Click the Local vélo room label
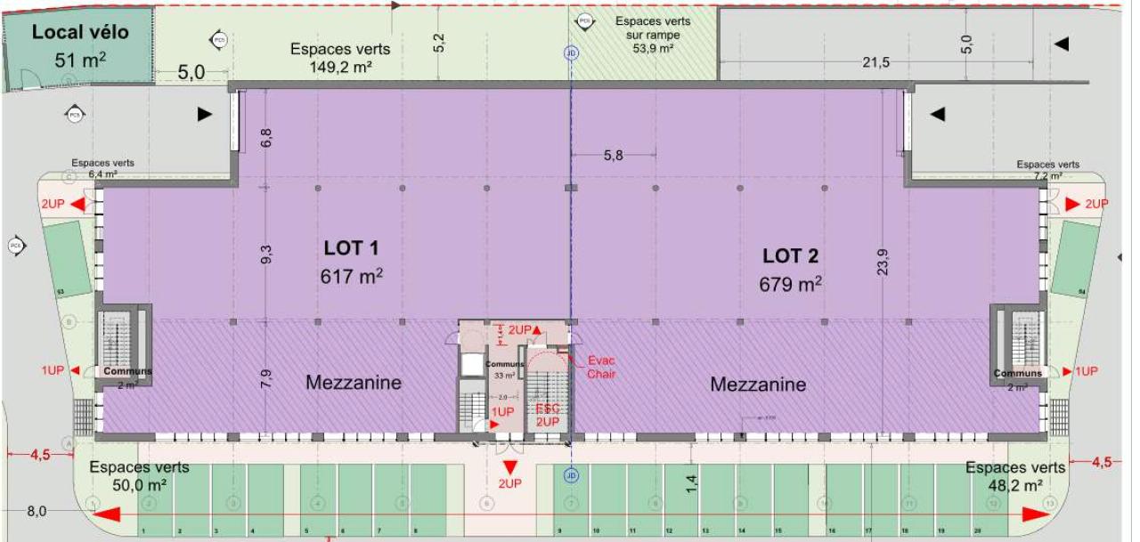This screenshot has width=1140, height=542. click(x=80, y=33)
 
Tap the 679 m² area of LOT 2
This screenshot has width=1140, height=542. click(x=789, y=284)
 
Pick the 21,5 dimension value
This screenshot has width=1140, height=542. click(x=876, y=61)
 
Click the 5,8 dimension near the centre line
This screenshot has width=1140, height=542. click(x=614, y=155)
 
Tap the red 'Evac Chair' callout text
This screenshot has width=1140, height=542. click(x=601, y=368)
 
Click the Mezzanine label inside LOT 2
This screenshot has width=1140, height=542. click(x=758, y=384)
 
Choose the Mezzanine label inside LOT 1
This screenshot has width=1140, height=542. click(x=354, y=383)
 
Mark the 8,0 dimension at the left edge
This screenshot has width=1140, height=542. click(x=37, y=511)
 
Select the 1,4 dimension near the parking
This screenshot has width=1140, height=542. click(x=692, y=483)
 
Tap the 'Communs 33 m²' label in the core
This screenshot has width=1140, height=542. click(x=504, y=369)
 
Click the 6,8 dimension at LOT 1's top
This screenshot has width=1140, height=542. click(x=266, y=137)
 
